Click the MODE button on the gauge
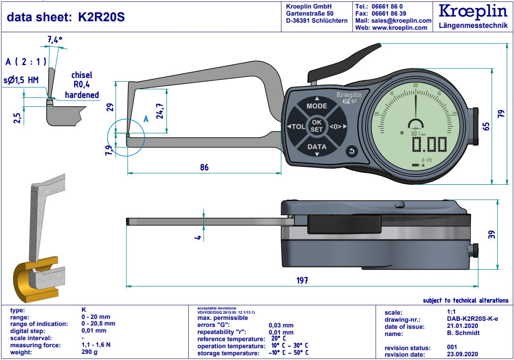pyautogui.click(x=317, y=106)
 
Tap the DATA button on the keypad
pyautogui.click(x=317, y=147)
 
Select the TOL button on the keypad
pyautogui.click(x=296, y=127)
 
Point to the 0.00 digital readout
pyautogui.click(x=430, y=145)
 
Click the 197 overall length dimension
pyautogui.click(x=302, y=280)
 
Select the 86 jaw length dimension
pyautogui.click(x=204, y=167)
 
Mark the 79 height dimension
pyautogui.click(x=501, y=114)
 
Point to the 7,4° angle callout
pyautogui.click(x=55, y=40)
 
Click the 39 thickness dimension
pyautogui.click(x=491, y=234)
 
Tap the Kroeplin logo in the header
pyautogui.click(x=473, y=11)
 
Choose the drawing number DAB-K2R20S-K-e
pyautogui.click(x=472, y=319)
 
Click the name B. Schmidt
pyautogui.click(x=463, y=333)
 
